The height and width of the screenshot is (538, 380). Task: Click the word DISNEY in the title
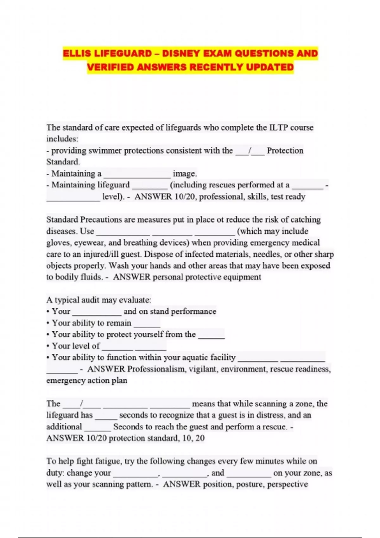coord(180,53)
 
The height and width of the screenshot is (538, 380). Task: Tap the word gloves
coord(58,243)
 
